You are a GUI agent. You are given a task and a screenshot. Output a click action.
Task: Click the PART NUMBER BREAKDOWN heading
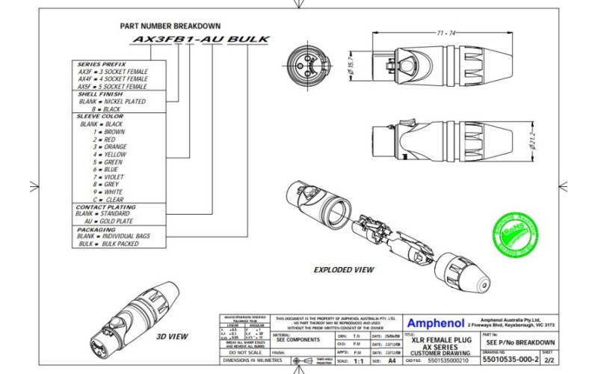170,25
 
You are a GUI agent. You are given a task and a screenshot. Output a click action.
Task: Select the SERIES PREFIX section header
102,64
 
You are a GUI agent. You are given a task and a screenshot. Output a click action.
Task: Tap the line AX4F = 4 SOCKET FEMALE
113,79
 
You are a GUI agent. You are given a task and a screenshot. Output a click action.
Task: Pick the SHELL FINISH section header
101,94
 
